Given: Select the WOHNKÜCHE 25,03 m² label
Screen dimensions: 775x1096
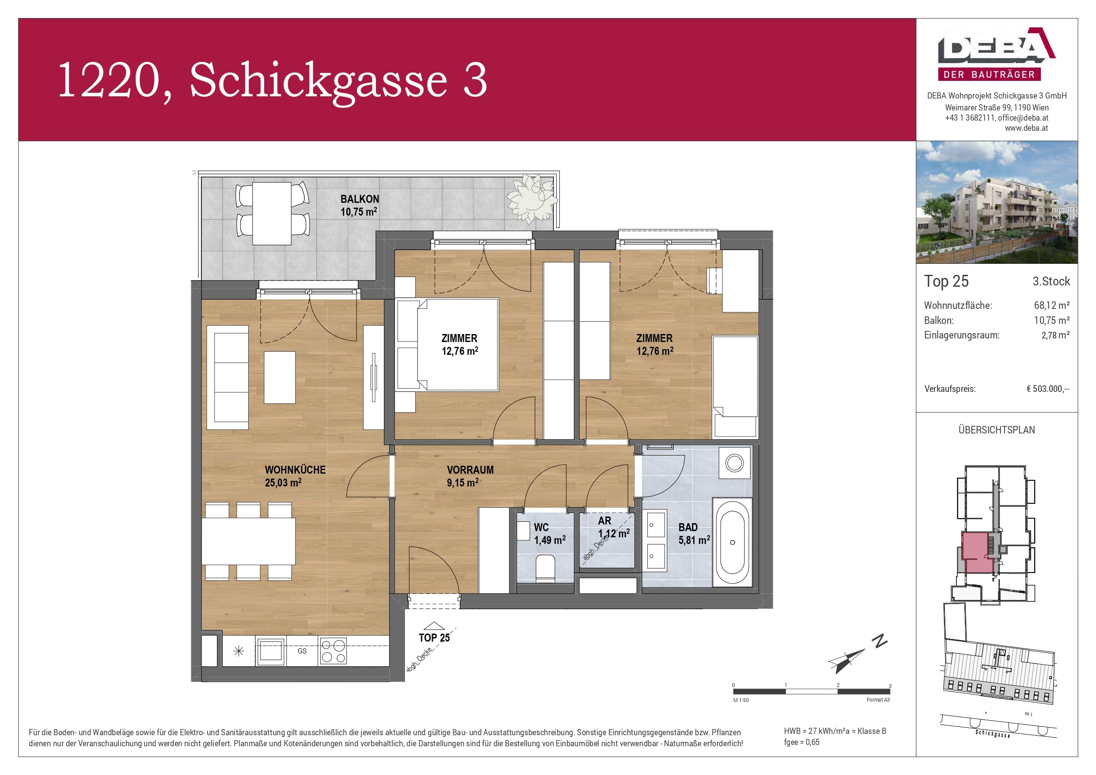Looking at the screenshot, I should pyautogui.click(x=295, y=476).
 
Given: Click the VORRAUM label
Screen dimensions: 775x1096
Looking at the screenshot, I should pyautogui.click(x=470, y=470).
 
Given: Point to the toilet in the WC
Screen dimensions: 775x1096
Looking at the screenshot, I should pyautogui.click(x=545, y=569).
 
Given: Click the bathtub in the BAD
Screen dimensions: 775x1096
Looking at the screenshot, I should pyautogui.click(x=732, y=543).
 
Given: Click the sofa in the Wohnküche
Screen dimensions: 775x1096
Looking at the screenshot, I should pyautogui.click(x=228, y=377).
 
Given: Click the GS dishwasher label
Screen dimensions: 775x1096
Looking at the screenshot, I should pyautogui.click(x=302, y=651).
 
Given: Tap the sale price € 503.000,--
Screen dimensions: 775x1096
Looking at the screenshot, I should pyautogui.click(x=1048, y=389).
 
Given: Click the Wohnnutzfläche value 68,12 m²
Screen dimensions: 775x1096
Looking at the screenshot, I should pyautogui.click(x=1052, y=305).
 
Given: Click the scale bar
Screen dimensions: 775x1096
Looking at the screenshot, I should pyautogui.click(x=811, y=691).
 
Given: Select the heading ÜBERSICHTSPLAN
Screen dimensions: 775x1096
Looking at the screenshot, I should pyautogui.click(x=997, y=430).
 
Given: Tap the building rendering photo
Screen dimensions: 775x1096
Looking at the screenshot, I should pyautogui.click(x=997, y=202).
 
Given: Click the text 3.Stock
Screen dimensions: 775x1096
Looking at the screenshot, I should pyautogui.click(x=1051, y=281).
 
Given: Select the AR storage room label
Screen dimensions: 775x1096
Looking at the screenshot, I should pyautogui.click(x=604, y=521).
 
